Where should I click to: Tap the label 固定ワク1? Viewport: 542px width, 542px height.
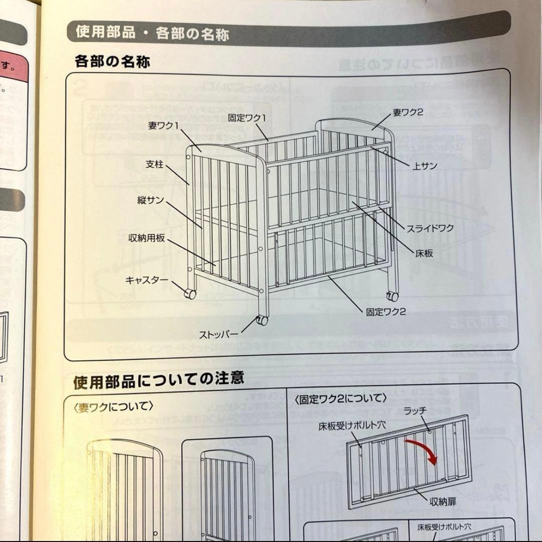click(x=246, y=118)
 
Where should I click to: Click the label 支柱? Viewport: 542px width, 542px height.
click(x=154, y=164)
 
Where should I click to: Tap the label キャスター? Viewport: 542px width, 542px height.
click(x=147, y=280)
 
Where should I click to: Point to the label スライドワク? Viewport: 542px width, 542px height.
click(x=430, y=228)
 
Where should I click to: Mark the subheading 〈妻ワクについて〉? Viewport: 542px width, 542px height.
click(x=113, y=405)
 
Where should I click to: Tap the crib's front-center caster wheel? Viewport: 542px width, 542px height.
click(x=261, y=321)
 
